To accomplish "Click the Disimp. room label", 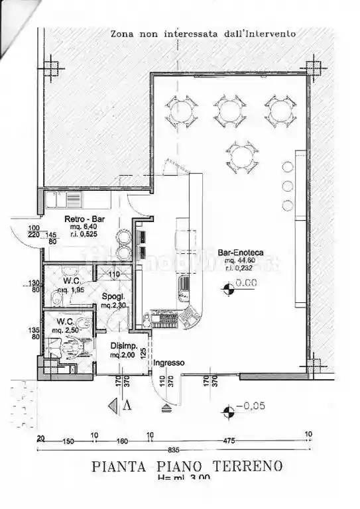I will pyautogui.click(x=123, y=346).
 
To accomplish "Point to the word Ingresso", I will pyautogui.click(x=169, y=363).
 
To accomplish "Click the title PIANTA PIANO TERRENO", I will pyautogui.click(x=187, y=466).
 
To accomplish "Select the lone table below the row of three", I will pyautogui.click(x=241, y=157).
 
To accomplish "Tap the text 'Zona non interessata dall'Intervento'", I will pyautogui.click(x=202, y=32).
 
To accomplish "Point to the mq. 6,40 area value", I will pyautogui.click(x=82, y=226).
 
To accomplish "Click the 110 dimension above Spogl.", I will pyautogui.click(x=113, y=274).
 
